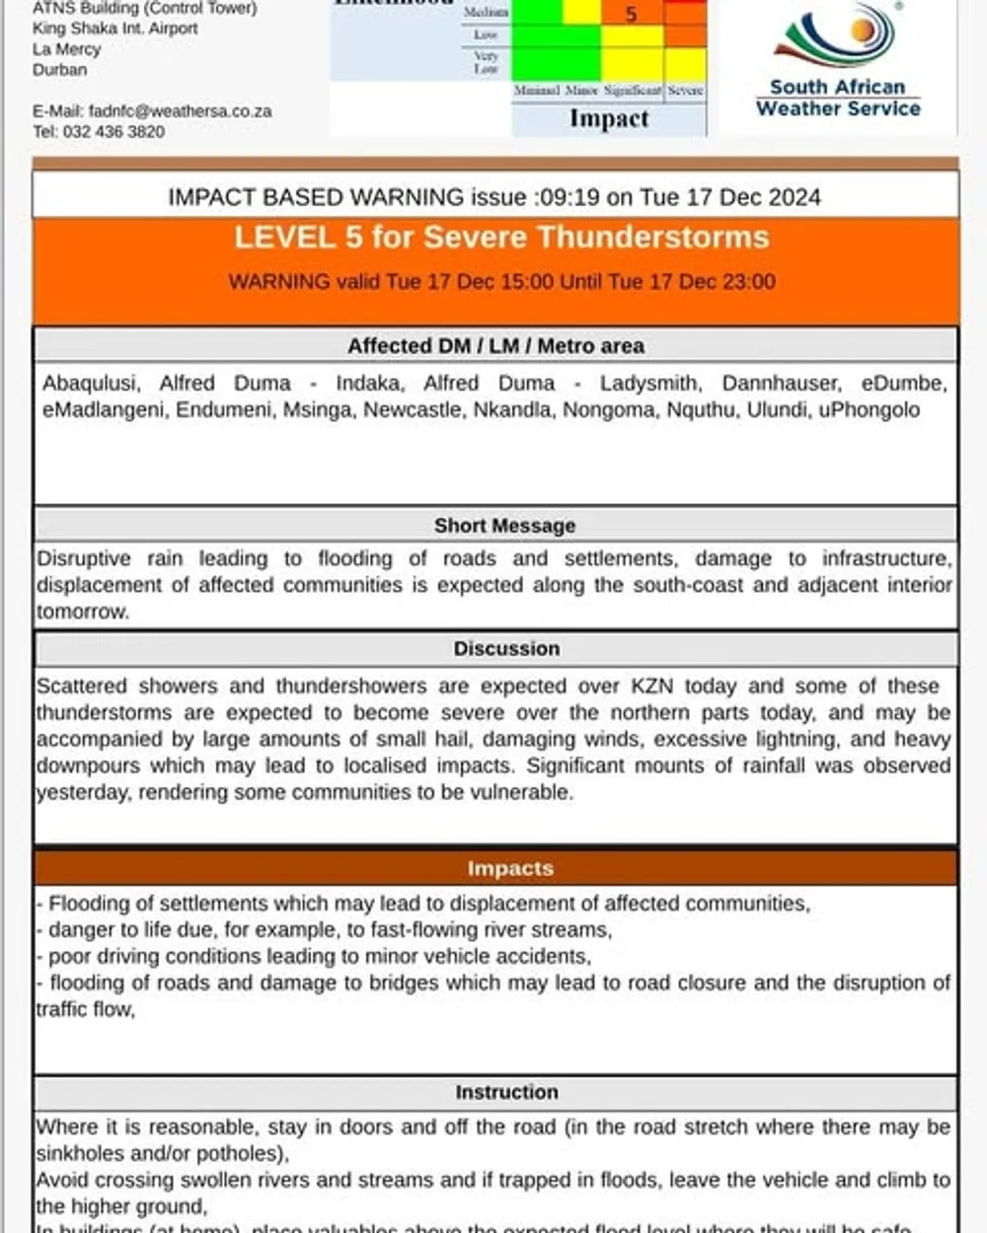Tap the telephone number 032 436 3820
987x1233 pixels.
pos(114,131)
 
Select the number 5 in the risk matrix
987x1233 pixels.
pos(632,14)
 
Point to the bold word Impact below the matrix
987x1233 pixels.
pos(609,118)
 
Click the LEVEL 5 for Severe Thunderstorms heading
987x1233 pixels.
pos(501,238)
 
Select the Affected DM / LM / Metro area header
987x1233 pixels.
pos(495,346)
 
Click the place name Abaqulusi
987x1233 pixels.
pos(91,383)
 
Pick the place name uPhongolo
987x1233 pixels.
pos(869,409)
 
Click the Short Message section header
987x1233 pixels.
pos(504,526)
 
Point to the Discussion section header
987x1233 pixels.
pos(506,648)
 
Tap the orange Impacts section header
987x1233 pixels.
pos(510,868)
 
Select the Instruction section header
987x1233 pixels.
pos(506,1092)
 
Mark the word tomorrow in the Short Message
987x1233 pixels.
pos(82,612)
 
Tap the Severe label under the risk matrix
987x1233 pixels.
pos(685,91)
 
